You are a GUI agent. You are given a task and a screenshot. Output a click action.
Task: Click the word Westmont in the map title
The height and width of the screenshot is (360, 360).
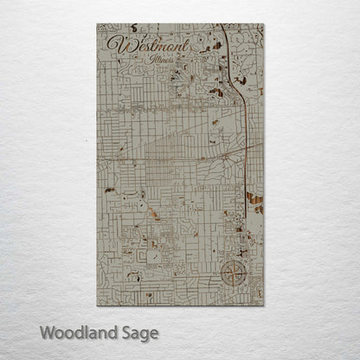[x=142, y=44]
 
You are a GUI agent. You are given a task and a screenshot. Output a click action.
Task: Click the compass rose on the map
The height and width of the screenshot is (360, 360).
[x=232, y=274]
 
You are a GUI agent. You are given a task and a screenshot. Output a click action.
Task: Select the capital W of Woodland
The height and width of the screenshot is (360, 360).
[x=48, y=331]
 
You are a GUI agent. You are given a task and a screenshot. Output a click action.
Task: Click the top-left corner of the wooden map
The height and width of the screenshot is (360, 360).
[x=97, y=24]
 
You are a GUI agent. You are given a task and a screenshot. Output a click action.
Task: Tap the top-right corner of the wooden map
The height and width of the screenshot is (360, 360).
[x=263, y=24]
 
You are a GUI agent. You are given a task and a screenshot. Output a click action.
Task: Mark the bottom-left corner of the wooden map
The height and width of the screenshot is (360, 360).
[x=97, y=305]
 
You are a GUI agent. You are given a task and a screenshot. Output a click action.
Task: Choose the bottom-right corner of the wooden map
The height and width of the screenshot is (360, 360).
[x=263, y=305]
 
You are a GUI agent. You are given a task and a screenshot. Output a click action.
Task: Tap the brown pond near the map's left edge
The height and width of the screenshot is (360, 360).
[x=109, y=190]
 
